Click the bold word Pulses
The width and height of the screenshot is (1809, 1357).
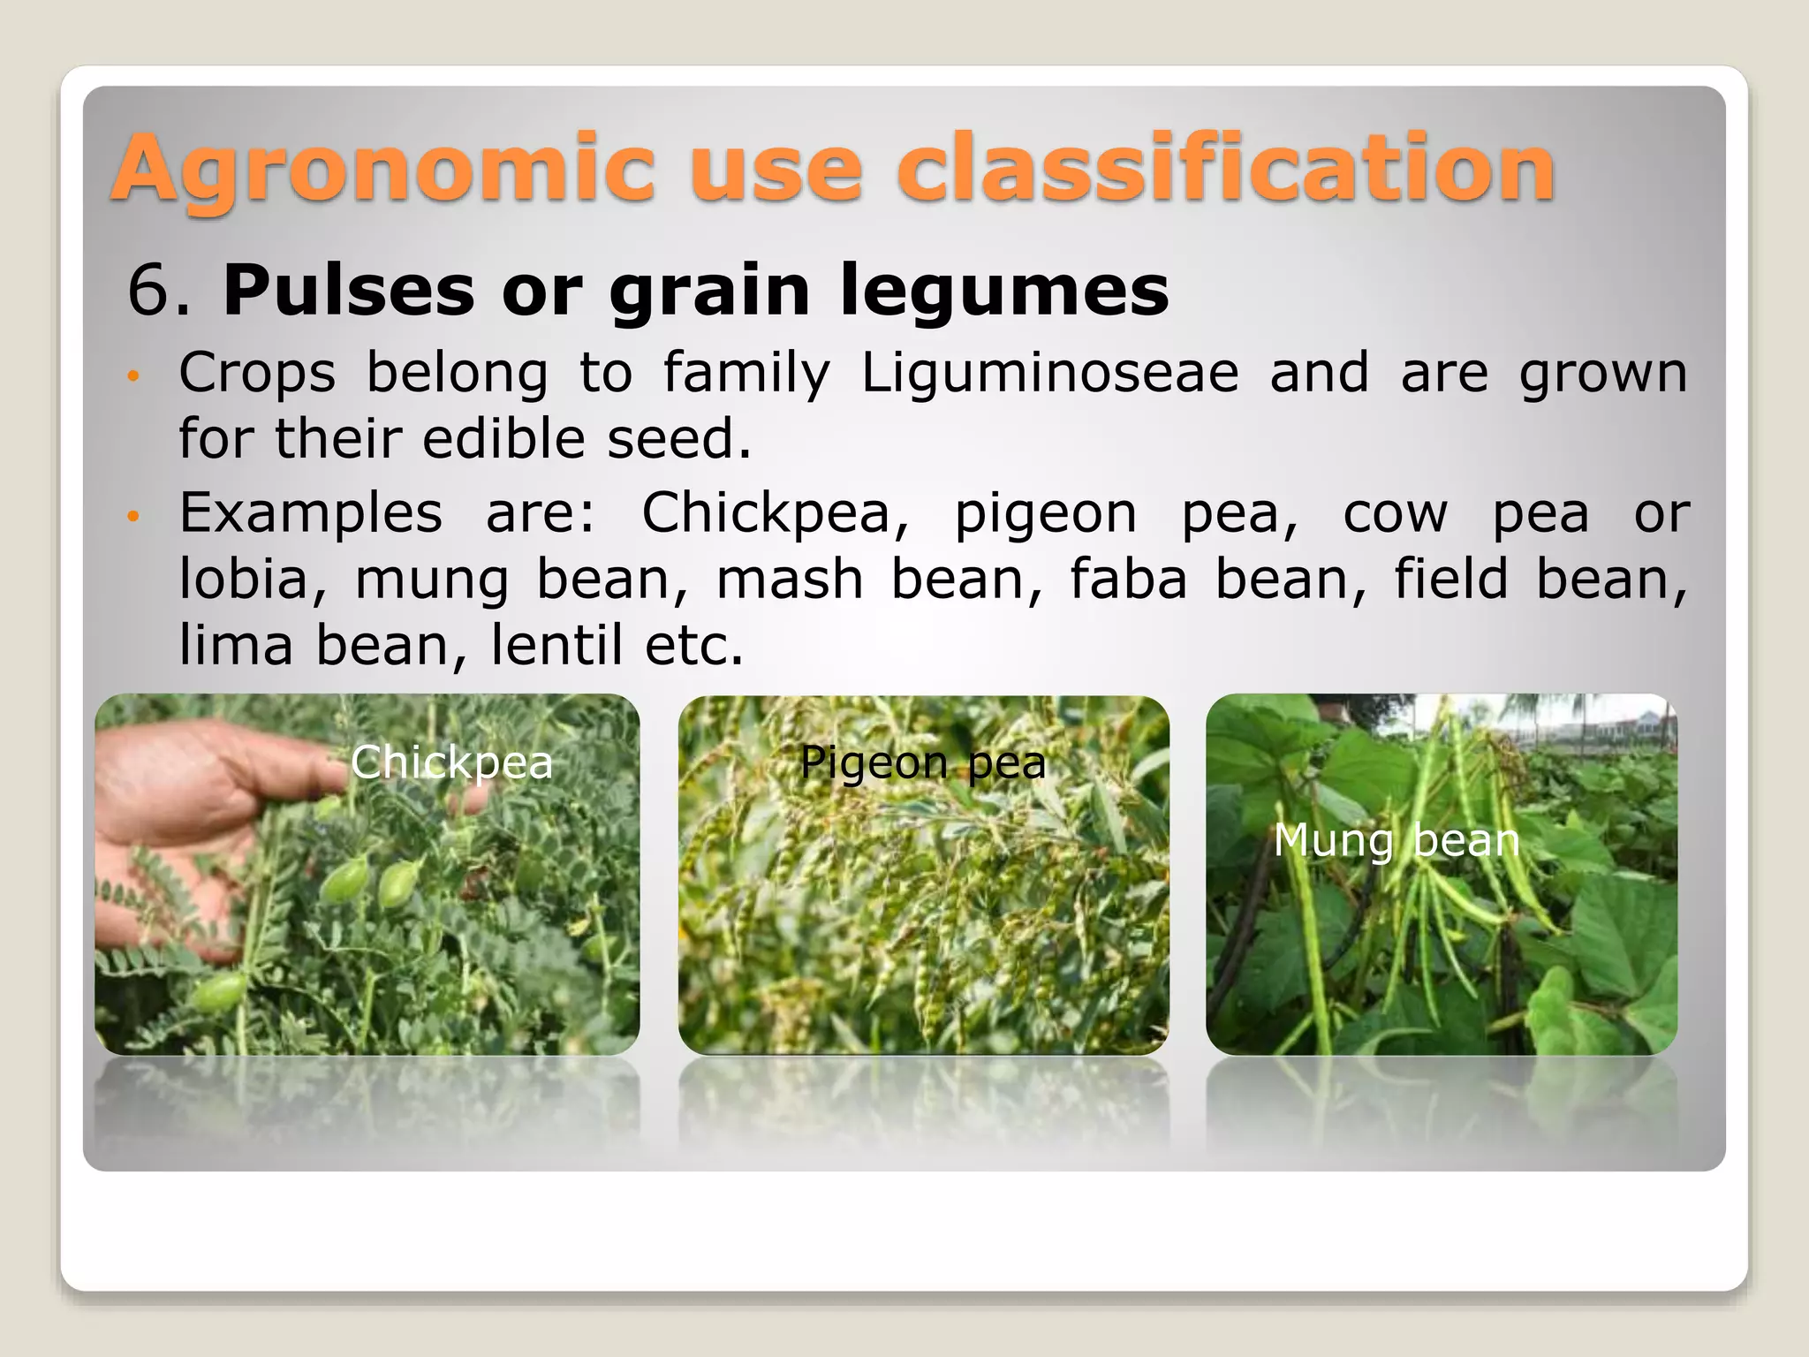click(348, 291)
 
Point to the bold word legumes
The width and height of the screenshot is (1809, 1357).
click(1003, 291)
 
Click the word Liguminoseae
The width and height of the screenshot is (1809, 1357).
click(1049, 373)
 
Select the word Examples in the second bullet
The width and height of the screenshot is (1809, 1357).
click(310, 513)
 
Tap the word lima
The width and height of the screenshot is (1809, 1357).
click(235, 645)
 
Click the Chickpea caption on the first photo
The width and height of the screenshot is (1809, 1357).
click(451, 762)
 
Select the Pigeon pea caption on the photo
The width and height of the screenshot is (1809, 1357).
click(922, 762)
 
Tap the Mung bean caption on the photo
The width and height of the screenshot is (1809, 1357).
click(1396, 840)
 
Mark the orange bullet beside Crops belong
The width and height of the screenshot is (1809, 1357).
click(133, 375)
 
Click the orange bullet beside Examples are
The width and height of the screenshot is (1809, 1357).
click(133, 516)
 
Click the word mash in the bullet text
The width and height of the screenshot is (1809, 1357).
click(789, 580)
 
